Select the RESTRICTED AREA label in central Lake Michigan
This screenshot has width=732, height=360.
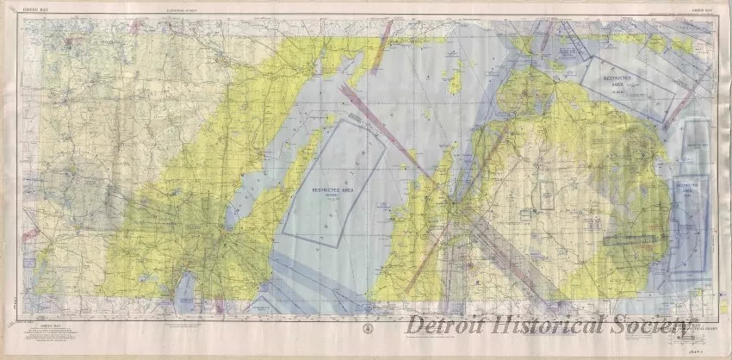(x=320, y=189)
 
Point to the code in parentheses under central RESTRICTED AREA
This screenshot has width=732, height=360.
(x=320, y=197)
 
